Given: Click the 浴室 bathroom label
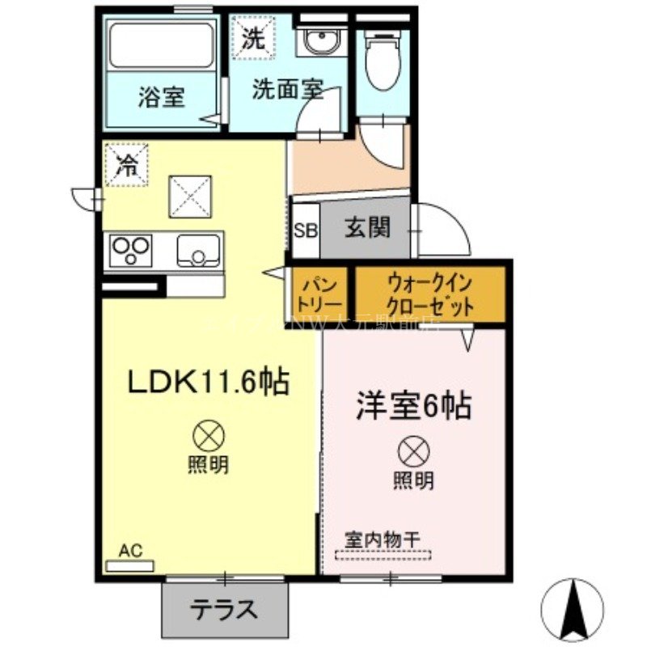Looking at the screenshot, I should click(161, 98).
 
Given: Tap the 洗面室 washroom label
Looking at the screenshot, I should click(287, 89).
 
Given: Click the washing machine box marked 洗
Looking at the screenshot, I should click(253, 36).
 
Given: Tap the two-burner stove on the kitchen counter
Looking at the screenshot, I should click(132, 250).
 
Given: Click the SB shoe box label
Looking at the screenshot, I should click(306, 230).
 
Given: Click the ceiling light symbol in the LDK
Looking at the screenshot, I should click(208, 438).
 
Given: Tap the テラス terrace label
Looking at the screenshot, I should click(224, 609).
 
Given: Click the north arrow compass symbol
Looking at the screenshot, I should click(575, 606).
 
